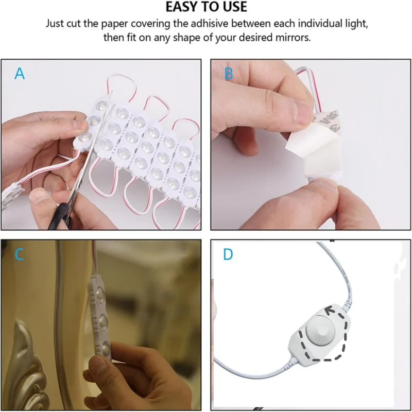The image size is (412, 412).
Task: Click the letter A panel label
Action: [x=20, y=74]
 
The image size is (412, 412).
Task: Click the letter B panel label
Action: [x=229, y=74]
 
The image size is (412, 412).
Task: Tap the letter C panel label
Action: [x=20, y=254]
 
